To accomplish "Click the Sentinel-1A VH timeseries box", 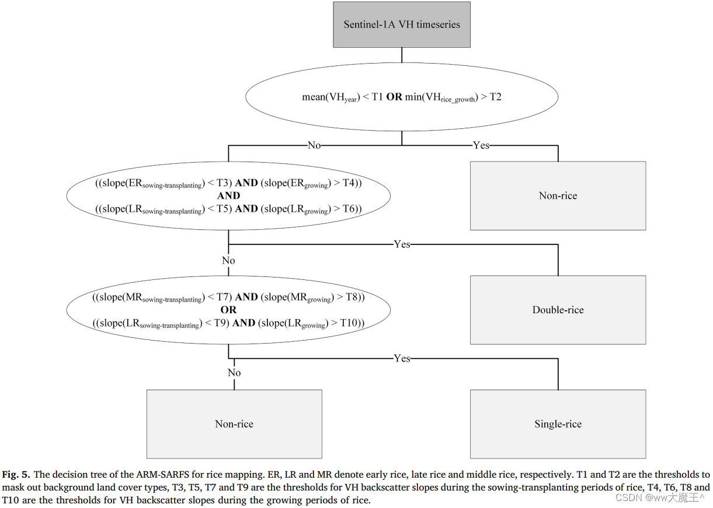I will click(x=401, y=24).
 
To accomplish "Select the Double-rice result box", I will click(x=558, y=310).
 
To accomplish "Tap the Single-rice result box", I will click(x=558, y=424).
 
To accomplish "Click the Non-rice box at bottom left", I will click(x=234, y=424).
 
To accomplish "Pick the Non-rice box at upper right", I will click(x=558, y=195).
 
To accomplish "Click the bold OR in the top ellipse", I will click(x=394, y=97).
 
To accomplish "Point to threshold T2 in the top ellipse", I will click(x=495, y=97).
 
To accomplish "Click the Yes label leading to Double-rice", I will click(x=402, y=244).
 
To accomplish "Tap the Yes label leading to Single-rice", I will click(x=402, y=358).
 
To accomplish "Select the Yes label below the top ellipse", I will click(x=481, y=145).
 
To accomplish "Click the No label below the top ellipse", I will click(x=314, y=145).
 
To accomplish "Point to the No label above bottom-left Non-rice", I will click(x=234, y=373).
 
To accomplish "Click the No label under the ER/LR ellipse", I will click(x=228, y=260).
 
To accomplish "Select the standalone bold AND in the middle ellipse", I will click(x=228, y=196).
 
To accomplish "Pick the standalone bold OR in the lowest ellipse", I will click(x=228, y=310).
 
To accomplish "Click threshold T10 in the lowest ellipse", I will click(x=349, y=323).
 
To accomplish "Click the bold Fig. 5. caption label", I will click(x=17, y=474).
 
